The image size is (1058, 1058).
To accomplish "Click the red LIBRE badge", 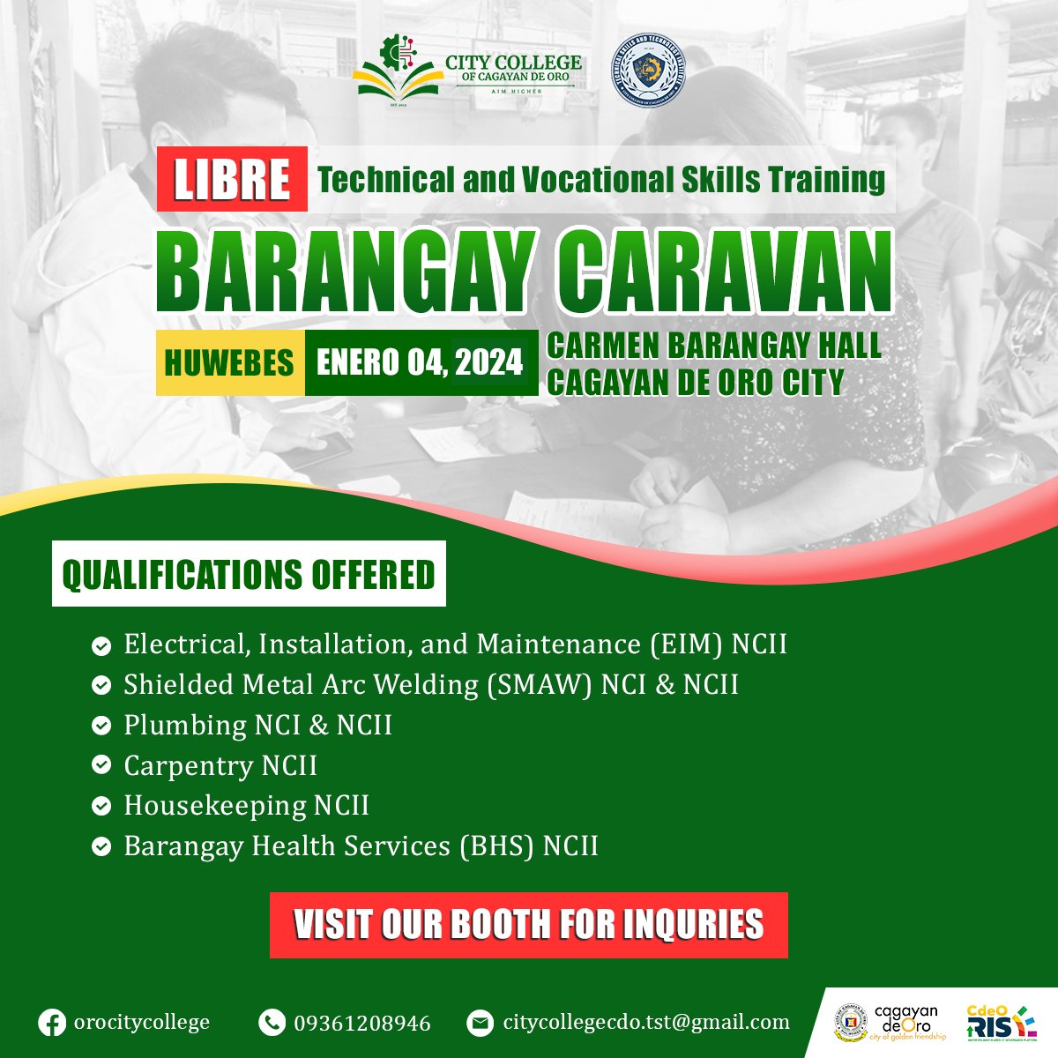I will (232, 179).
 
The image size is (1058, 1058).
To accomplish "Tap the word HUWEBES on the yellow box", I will (229, 362).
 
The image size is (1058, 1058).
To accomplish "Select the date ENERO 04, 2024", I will (420, 362).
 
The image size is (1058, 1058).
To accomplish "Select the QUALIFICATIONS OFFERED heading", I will (249, 574).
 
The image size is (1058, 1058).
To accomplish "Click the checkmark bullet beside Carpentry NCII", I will (101, 766).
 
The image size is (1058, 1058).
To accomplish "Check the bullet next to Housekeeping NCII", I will (101, 806).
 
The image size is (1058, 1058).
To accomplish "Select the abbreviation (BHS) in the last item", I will (496, 846).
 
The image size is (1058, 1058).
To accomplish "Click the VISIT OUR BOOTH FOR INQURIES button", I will (528, 925).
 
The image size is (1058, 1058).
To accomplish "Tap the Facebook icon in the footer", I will (52, 1023).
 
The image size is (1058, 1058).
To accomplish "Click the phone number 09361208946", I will (362, 1023).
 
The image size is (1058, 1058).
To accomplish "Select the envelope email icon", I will (480, 1023).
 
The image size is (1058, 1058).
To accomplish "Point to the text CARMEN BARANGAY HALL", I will (714, 346).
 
